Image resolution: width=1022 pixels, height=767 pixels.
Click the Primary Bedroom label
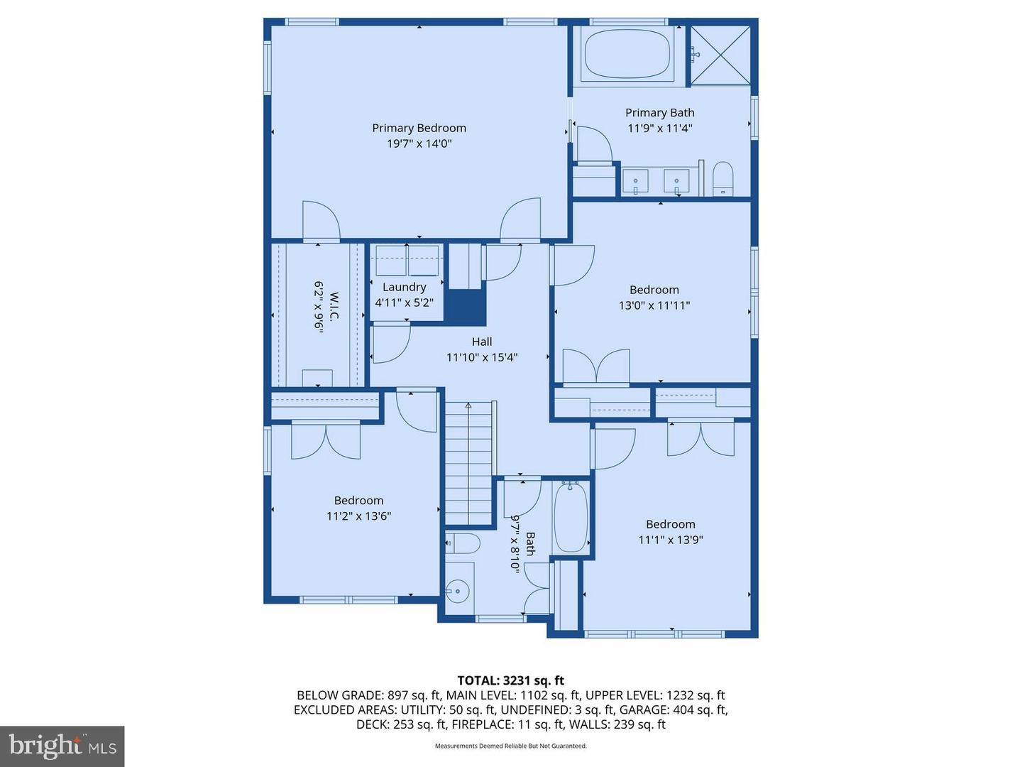click(x=419, y=128)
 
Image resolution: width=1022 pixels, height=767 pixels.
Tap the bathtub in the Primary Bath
click(x=626, y=55)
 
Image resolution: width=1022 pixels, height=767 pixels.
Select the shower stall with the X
click(x=720, y=55)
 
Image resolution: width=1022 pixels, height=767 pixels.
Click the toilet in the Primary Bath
click(x=722, y=178)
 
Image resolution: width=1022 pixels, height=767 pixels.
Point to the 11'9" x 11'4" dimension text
click(x=659, y=129)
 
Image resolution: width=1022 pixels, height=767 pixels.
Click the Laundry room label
click(x=404, y=287)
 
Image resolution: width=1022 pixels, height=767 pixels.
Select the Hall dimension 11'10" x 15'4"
click(x=481, y=357)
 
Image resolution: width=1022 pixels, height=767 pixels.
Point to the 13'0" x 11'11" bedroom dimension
click(x=654, y=305)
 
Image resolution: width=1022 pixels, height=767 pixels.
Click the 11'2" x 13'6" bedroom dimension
click(x=358, y=516)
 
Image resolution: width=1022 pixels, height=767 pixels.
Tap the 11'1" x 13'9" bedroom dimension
click(x=670, y=540)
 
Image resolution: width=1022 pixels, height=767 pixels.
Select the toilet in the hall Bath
click(x=463, y=544)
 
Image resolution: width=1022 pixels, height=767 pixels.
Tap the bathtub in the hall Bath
click(x=571, y=517)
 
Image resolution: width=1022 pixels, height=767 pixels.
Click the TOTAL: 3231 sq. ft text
click(x=510, y=680)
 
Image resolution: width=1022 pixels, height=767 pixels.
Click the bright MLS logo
click(x=62, y=746)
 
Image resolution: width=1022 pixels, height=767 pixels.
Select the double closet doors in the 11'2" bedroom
click(x=326, y=440)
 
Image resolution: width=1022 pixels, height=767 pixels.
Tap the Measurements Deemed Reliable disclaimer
click(x=510, y=746)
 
